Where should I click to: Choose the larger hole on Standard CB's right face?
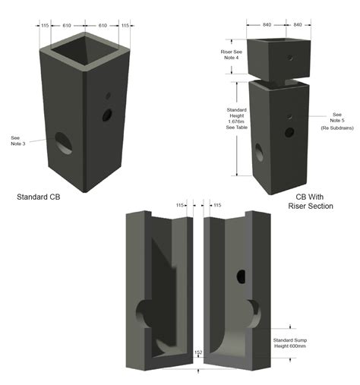click(x=107, y=115)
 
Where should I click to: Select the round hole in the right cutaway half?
click(x=242, y=275)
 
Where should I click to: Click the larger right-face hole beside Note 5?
click(x=289, y=132)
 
